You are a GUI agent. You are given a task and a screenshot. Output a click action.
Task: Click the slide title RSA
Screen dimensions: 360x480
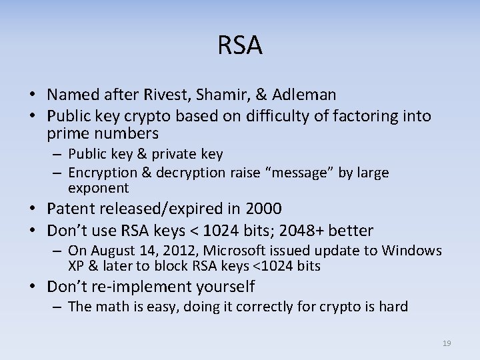(240, 46)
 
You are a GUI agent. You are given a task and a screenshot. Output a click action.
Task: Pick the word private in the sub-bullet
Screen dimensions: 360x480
(176, 155)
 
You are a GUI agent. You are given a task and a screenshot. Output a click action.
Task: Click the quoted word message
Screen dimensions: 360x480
(295, 173)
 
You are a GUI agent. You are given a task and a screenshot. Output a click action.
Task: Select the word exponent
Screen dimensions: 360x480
(98, 189)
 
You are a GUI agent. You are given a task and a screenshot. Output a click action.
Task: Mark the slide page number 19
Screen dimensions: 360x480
(447, 343)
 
